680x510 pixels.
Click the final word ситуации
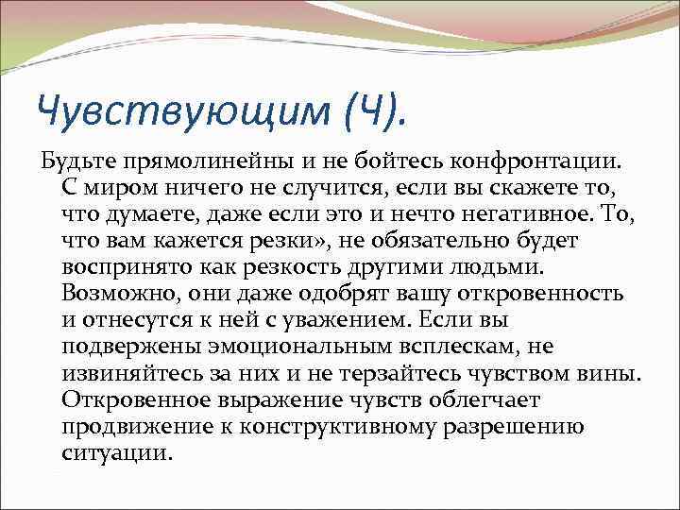pos(117,452)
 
